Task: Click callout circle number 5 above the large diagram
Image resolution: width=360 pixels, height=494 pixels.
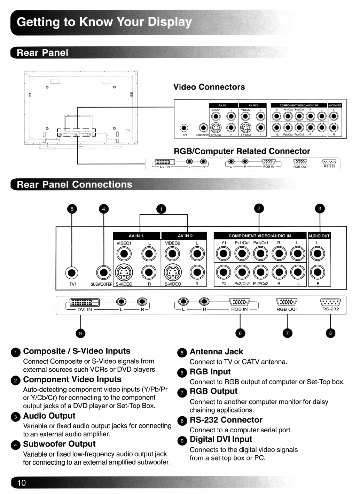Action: point(72,209)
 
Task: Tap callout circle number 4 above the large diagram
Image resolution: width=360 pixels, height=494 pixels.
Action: point(103,209)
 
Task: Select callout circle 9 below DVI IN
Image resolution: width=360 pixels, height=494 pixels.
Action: point(80,333)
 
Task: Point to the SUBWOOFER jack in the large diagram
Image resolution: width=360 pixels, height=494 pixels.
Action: point(103,272)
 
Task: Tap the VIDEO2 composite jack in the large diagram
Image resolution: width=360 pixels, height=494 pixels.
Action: point(172,254)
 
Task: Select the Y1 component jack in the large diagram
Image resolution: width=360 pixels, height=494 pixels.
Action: point(224,254)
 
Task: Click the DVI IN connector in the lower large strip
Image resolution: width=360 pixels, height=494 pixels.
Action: point(85,302)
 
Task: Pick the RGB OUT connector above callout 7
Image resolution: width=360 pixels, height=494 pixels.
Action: point(287,302)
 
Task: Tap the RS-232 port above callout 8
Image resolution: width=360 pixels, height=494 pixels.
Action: point(330,302)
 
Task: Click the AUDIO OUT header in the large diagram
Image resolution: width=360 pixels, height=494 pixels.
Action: point(319,236)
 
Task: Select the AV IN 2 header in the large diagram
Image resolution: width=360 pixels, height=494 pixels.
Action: point(185,236)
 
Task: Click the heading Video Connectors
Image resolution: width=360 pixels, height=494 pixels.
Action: point(209,87)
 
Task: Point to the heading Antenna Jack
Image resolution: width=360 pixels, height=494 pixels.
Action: point(216,352)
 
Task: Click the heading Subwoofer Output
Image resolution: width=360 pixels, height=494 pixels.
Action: point(59,444)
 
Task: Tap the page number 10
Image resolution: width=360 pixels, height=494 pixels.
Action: point(22,483)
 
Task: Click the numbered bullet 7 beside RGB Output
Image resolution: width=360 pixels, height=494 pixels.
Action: point(182,393)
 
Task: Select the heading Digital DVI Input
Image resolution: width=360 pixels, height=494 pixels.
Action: point(221,440)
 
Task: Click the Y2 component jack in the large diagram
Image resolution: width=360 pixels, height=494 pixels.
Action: point(224,272)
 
